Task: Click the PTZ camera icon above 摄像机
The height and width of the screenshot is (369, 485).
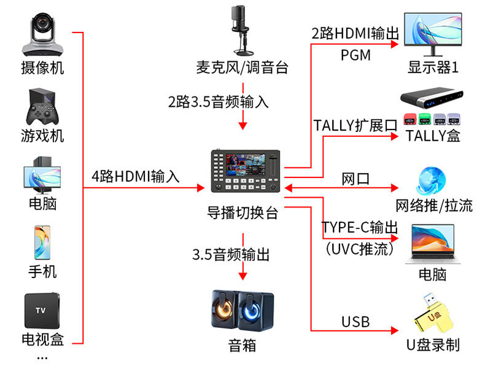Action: (42, 34)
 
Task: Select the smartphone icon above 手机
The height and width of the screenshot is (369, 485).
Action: (42, 243)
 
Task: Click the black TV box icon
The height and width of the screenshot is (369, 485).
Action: (42, 311)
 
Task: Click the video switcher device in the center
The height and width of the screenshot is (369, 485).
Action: (246, 171)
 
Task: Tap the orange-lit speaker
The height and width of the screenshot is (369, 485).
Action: (225, 309)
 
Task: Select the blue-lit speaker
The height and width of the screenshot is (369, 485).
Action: (256, 311)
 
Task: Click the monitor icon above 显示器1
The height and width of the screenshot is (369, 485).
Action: (433, 34)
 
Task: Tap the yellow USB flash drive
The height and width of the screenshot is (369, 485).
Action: (433, 314)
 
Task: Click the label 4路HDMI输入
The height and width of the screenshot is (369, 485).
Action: (136, 177)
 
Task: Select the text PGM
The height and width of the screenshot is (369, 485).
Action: (355, 55)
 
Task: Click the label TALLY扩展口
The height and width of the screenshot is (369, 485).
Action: (355, 126)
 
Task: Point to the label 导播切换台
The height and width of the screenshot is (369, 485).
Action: (243, 213)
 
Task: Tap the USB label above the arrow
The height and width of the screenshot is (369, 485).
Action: (355, 322)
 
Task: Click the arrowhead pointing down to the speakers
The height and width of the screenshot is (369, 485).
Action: (243, 276)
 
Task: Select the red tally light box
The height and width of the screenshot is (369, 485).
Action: (410, 119)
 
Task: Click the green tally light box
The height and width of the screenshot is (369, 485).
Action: (425, 119)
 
